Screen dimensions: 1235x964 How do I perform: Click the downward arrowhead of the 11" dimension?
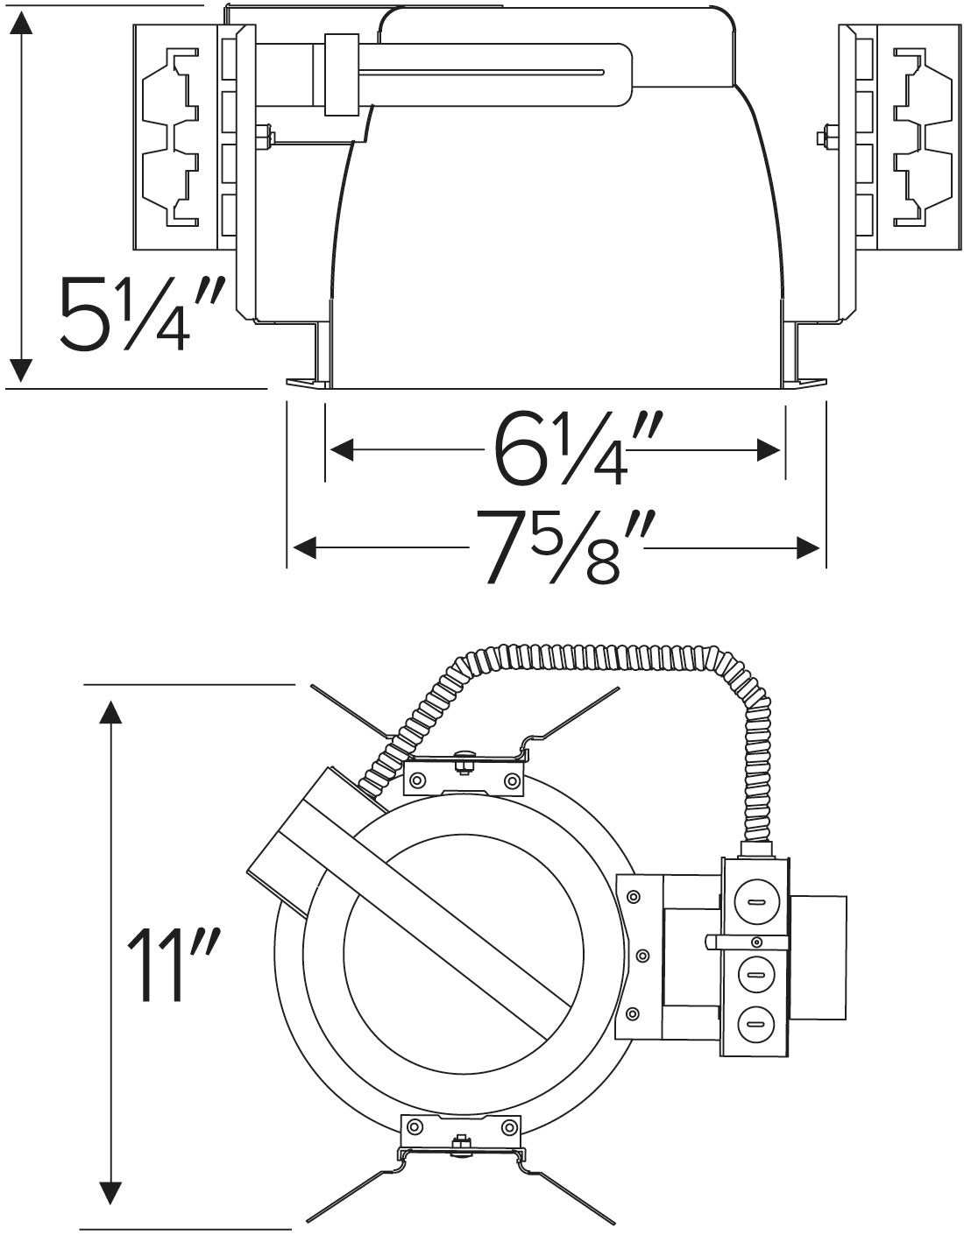pos(110,1192)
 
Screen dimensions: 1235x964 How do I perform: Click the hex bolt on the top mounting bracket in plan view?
pos(464,764)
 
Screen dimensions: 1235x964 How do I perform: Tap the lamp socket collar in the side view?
pos(342,75)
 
